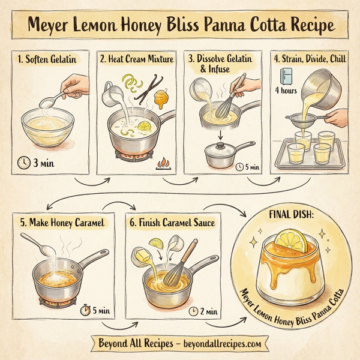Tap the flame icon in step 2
coord(163,163)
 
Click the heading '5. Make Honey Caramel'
coord(62,223)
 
